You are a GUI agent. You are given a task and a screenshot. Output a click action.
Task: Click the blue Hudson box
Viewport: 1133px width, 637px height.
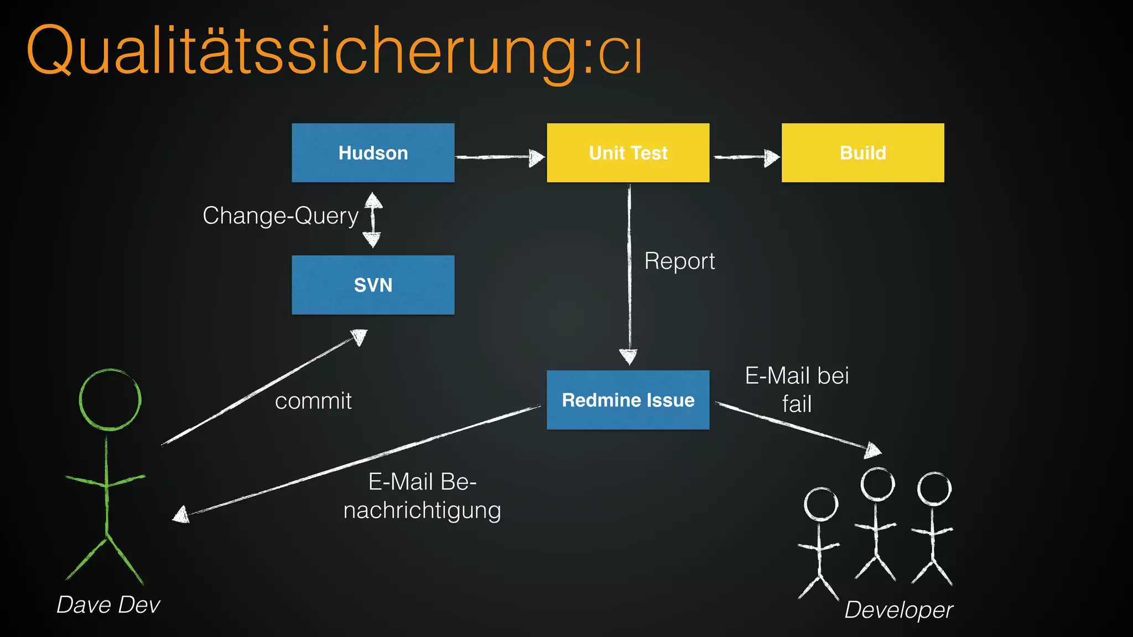click(x=373, y=153)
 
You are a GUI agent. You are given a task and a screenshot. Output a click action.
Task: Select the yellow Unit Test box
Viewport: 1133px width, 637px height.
click(x=628, y=153)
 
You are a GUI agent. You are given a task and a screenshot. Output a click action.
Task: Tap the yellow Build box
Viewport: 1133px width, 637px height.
click(x=862, y=153)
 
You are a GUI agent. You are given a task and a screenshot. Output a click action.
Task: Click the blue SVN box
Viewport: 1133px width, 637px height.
click(x=373, y=285)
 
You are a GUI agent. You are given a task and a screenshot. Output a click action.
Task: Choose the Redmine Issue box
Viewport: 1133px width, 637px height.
click(x=628, y=400)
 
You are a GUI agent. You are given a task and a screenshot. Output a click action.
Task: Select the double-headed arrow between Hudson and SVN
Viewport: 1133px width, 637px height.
click(x=373, y=220)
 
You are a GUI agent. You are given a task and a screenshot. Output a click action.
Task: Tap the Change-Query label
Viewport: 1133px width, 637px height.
click(x=280, y=216)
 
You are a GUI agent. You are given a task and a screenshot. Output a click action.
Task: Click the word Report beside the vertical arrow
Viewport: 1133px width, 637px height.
click(x=679, y=261)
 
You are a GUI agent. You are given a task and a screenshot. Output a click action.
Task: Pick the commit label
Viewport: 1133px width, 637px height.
click(x=313, y=401)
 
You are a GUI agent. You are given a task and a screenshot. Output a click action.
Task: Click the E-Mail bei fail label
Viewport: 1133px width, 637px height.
click(x=797, y=389)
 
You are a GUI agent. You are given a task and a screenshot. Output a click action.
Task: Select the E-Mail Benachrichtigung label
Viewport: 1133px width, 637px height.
click(x=422, y=496)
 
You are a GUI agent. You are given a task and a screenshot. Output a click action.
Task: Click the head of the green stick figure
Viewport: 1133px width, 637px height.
click(x=110, y=399)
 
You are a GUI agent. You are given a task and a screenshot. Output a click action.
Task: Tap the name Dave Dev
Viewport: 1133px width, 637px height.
click(x=108, y=605)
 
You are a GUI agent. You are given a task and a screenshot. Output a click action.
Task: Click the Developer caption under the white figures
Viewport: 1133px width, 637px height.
click(x=898, y=610)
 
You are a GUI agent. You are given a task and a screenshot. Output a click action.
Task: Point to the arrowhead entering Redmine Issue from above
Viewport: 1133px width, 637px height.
click(x=628, y=357)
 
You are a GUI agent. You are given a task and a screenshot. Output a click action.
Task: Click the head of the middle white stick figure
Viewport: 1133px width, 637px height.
click(x=877, y=484)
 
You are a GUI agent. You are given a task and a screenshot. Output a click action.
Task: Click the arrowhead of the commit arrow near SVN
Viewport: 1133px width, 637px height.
click(x=360, y=336)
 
